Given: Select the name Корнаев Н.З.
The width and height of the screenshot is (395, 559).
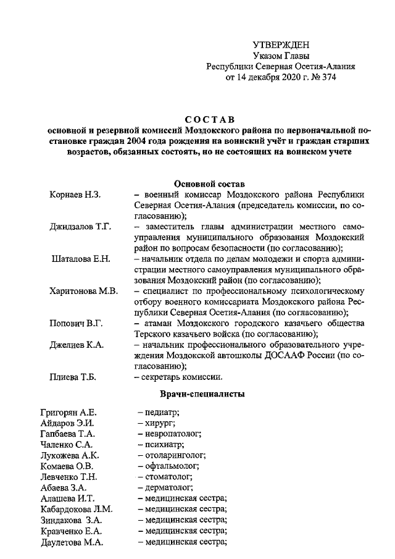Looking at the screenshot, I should (75, 195).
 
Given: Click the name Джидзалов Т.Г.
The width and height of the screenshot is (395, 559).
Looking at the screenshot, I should (80, 227).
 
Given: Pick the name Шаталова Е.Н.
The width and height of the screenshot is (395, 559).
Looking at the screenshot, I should (81, 258).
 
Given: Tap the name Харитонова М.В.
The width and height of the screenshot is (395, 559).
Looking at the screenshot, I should (83, 291).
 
